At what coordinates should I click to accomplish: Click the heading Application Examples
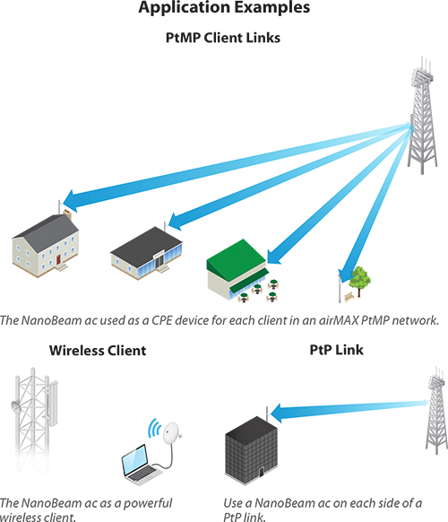point(224,7)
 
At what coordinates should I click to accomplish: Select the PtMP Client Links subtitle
point(223,38)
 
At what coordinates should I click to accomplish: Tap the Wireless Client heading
point(98,351)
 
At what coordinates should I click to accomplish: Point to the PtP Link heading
point(337,350)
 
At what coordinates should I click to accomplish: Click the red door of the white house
point(59,259)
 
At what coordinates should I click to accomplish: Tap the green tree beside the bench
point(359,281)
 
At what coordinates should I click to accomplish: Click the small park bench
point(349,296)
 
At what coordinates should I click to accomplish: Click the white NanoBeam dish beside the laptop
point(172,433)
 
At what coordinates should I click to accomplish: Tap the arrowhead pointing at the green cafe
point(274,256)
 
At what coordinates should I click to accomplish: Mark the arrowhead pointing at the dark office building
point(276,413)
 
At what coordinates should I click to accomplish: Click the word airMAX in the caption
point(339,320)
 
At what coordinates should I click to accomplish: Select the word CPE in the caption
point(161,320)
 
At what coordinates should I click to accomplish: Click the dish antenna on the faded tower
point(16,407)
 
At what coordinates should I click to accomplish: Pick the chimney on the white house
point(67,214)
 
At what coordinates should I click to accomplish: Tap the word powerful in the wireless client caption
point(148,503)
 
